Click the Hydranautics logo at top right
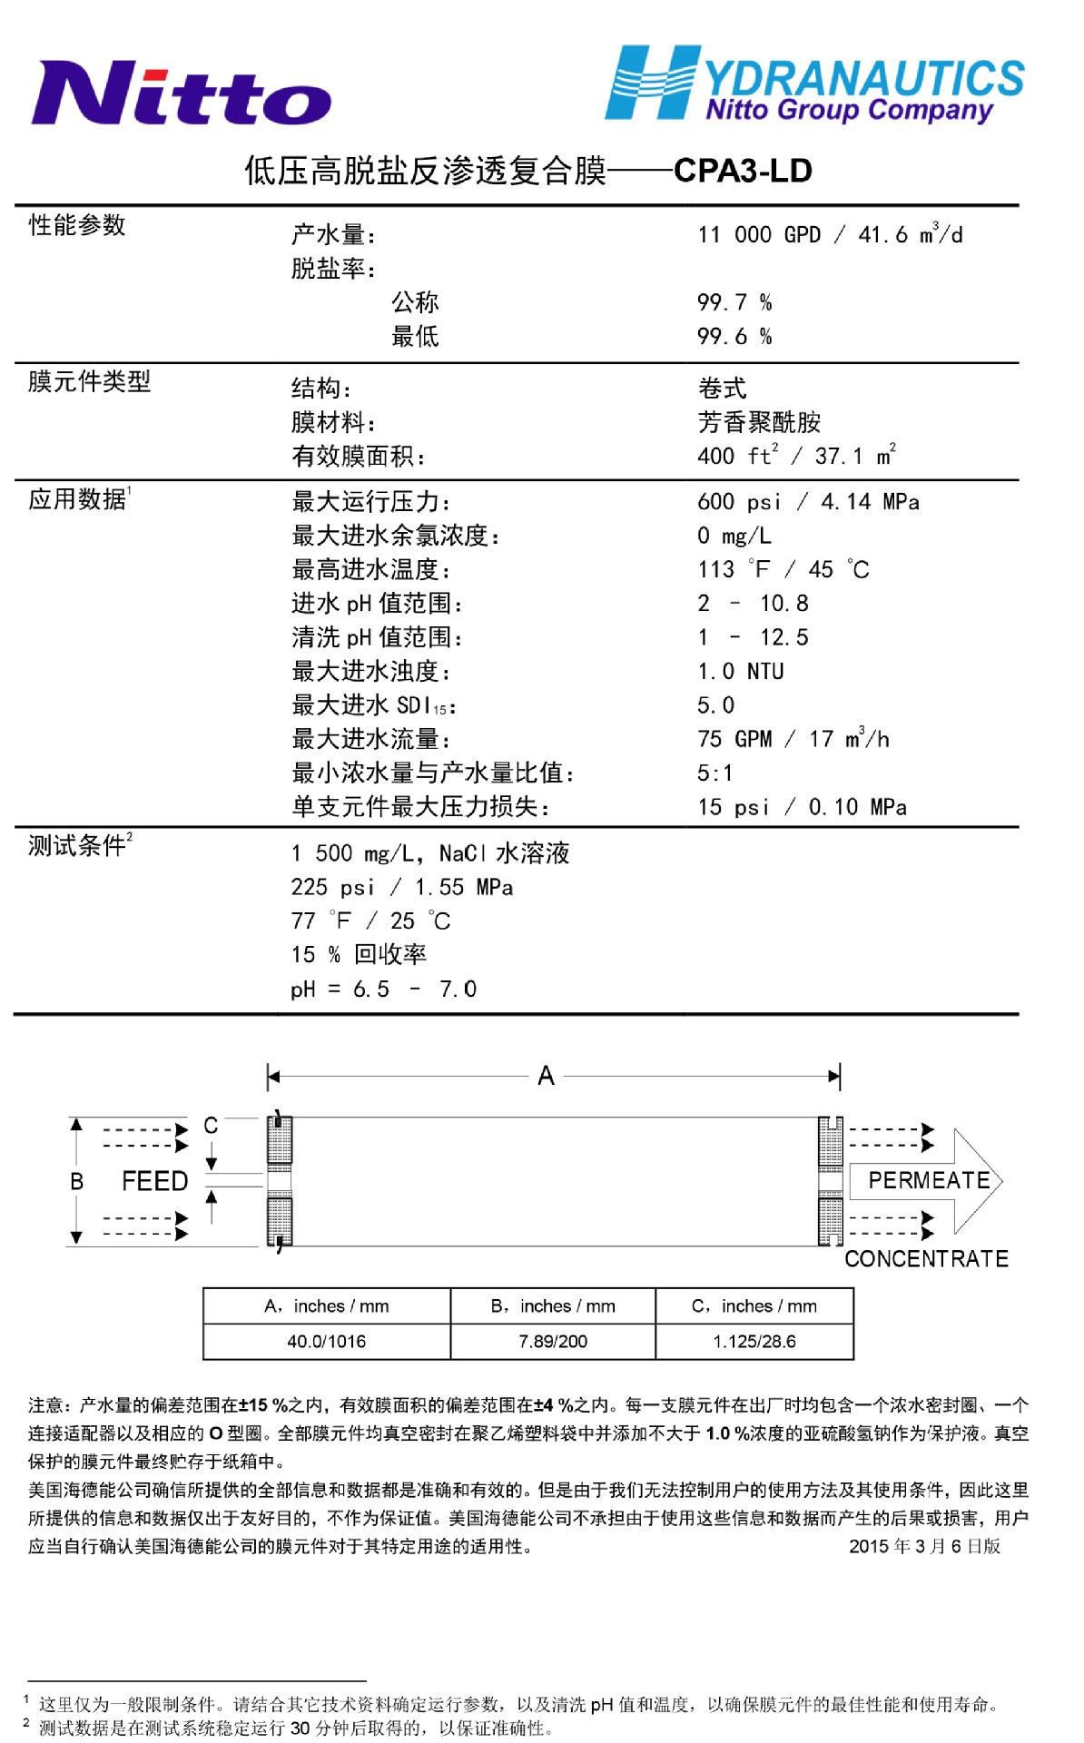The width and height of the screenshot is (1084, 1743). coord(814,84)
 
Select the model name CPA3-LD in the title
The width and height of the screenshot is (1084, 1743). coord(743,171)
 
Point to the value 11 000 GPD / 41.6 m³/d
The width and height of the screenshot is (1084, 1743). coord(830,235)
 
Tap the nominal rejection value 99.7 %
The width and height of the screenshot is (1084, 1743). coord(734,302)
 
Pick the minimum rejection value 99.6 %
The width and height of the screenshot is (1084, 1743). coord(734,337)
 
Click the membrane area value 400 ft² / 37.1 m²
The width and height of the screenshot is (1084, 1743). coord(797,456)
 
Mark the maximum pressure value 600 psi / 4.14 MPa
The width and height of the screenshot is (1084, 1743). coord(808,502)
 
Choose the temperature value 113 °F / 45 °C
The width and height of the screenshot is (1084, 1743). coord(783,570)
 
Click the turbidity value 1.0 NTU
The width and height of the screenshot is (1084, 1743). coord(741,672)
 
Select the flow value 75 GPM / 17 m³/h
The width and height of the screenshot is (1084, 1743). coord(793,739)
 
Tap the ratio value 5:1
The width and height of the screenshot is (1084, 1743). coord(715,773)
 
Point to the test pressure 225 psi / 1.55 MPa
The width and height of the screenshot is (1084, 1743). coord(401,887)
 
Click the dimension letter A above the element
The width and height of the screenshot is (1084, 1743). coord(546,1077)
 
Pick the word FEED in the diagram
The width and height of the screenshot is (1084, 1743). coord(154,1181)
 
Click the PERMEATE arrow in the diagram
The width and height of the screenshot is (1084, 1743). coord(926,1181)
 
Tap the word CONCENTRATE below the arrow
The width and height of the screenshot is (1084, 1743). coord(926,1258)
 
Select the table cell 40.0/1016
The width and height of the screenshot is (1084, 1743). coord(326,1341)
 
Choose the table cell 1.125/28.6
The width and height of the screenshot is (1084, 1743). coord(754,1341)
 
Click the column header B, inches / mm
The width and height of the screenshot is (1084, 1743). coord(552,1306)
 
